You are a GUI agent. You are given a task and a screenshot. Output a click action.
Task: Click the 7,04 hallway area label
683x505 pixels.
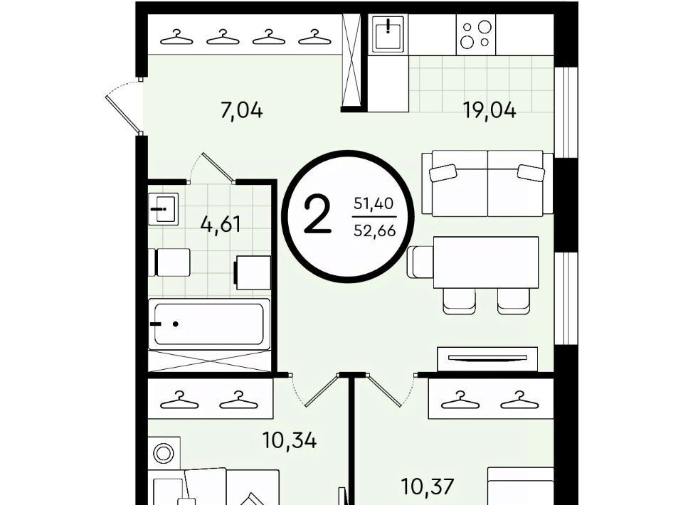point(242,110)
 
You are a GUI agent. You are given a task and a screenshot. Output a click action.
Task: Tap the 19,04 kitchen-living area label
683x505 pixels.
point(489,110)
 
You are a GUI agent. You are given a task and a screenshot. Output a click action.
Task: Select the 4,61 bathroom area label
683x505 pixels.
point(221,225)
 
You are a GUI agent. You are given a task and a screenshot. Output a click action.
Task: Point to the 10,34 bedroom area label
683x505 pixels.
point(290,440)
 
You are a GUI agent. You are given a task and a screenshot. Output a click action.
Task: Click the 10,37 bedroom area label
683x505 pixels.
point(428,487)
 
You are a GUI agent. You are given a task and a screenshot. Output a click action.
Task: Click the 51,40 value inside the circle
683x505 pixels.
point(374,203)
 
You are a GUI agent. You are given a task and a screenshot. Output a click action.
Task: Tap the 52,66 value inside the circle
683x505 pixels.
point(375,230)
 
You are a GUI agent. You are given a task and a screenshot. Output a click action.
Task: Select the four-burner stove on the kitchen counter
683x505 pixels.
point(476,34)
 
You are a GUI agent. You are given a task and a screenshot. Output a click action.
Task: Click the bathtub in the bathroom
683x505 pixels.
point(209,324)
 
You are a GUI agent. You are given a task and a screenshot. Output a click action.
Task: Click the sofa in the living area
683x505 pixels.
point(487,184)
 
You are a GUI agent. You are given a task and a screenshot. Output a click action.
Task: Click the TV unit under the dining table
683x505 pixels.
point(487,358)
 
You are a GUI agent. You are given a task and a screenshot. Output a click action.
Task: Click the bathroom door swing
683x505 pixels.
point(212,168)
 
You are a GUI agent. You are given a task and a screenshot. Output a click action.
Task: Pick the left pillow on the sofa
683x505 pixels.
point(443,173)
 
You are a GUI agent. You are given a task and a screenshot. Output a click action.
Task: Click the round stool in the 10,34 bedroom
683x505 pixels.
point(164,453)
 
